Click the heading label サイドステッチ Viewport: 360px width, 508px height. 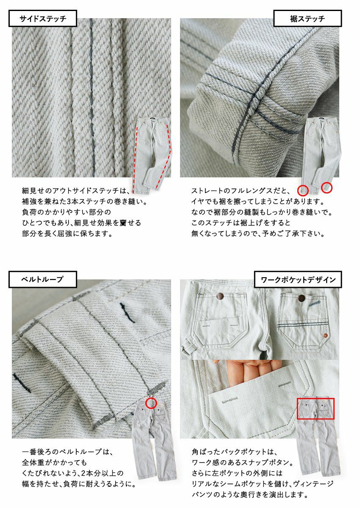43,18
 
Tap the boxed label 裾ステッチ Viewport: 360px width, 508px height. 307,18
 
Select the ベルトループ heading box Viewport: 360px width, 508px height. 43,279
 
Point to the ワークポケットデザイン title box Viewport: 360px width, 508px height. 298,279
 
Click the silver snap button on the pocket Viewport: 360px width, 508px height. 220,296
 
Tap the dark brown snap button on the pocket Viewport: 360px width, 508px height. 302,298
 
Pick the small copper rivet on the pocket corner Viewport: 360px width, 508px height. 326,335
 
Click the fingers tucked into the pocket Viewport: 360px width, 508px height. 249,372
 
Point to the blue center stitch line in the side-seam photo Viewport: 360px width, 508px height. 91,97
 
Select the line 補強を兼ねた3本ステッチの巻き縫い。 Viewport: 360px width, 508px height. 84,202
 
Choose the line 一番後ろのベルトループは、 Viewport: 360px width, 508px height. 67,452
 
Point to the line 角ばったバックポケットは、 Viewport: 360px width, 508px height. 234,452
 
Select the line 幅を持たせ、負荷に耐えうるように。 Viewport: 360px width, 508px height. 79,484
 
